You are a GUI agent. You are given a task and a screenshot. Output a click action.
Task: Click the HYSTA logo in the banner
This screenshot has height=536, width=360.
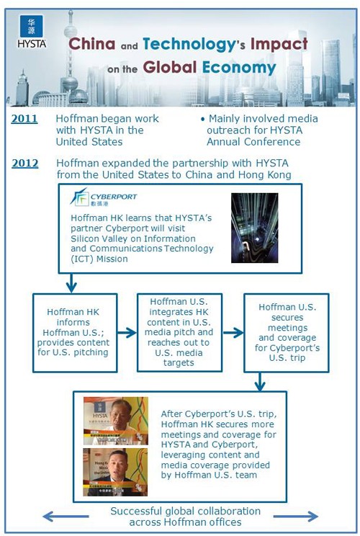[30, 33]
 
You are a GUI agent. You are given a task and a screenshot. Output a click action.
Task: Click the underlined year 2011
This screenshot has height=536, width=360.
[24, 118]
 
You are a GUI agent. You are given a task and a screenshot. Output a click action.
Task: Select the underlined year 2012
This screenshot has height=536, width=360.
[24, 163]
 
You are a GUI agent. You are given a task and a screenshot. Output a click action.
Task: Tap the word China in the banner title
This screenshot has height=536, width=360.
[91, 44]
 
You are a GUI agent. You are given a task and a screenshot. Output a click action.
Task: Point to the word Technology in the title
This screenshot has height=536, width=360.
[186, 44]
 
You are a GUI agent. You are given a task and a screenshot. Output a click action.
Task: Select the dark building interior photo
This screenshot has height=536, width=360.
[254, 228]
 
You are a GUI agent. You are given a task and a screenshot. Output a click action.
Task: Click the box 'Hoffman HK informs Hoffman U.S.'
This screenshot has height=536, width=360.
[75, 331]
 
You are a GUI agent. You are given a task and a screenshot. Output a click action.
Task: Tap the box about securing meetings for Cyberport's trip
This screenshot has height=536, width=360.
[287, 331]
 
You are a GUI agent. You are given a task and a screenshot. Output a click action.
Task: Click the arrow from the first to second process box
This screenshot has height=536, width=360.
[127, 333]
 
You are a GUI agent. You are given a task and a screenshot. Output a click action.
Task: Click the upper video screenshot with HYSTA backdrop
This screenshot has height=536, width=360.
[115, 420]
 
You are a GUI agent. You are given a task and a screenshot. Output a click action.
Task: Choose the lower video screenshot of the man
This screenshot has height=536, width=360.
[115, 472]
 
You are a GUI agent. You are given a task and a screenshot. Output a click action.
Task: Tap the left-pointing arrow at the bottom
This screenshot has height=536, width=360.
[65, 516]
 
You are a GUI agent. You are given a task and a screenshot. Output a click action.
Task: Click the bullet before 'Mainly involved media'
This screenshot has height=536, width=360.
[202, 119]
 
